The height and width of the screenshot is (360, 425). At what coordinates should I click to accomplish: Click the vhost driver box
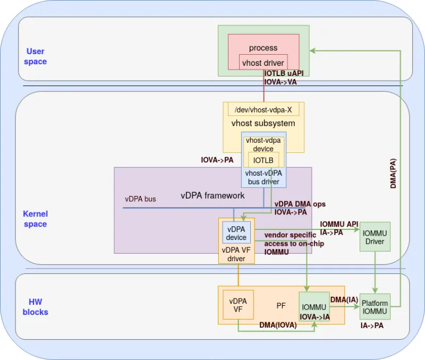coord(263,63)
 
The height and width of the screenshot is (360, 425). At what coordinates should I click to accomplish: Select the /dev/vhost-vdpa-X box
coord(263,109)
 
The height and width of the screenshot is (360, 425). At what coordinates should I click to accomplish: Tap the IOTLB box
coord(263,160)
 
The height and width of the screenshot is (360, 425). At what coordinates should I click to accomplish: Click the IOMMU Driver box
coord(375,237)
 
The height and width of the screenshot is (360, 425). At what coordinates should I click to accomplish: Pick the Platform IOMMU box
coord(375,307)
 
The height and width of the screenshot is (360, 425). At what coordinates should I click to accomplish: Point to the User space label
coord(35,56)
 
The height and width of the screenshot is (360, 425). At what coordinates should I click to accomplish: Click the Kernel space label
coord(35,219)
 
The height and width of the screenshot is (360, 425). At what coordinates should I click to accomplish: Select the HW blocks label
coord(35,307)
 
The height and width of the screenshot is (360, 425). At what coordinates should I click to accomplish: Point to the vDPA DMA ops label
coord(300,204)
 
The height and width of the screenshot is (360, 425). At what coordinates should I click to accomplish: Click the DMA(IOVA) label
coord(277,324)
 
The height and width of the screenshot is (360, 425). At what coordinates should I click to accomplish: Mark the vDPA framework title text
coord(212,195)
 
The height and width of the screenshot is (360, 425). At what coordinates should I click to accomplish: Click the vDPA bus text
coord(140,199)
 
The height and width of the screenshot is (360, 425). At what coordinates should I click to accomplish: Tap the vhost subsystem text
coord(263,123)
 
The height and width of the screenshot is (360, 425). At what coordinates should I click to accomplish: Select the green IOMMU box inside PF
coord(314,307)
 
